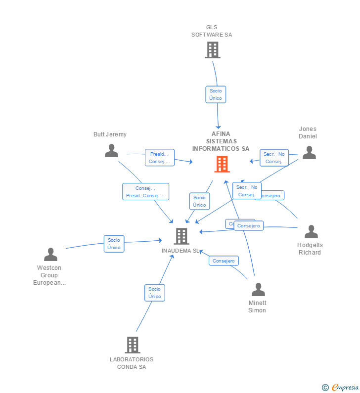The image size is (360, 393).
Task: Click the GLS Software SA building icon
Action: coord(213,50)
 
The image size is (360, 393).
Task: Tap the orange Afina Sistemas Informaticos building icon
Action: coord(222,164)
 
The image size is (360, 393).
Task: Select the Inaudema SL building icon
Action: coord(181,236)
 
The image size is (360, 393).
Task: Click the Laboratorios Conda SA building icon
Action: coord(132,345)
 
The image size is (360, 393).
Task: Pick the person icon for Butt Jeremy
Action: coord(112,151)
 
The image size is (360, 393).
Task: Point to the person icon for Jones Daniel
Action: coord(309,153)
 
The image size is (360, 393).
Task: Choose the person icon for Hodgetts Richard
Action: coord(311,232)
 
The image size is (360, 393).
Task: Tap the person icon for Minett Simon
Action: coord(258,290)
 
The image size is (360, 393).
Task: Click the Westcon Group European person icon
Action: coord(50,255)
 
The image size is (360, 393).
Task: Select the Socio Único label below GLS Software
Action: coord(216,94)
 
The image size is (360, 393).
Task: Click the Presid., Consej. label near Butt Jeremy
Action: coord(159,158)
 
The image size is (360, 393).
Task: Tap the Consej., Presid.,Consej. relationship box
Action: coord(145,192)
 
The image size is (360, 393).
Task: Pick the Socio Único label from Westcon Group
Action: coord(114,244)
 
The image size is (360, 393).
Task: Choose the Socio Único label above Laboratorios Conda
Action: coord(154,293)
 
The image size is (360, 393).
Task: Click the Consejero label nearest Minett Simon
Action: coord(224,261)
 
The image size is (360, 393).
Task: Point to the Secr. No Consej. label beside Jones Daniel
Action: coord(273,158)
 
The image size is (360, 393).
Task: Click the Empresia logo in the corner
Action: coord(341,387)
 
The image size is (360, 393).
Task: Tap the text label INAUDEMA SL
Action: coord(180,251)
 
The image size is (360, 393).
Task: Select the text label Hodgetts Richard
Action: coord(310,249)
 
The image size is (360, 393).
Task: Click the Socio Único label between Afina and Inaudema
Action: coord(199,201)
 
